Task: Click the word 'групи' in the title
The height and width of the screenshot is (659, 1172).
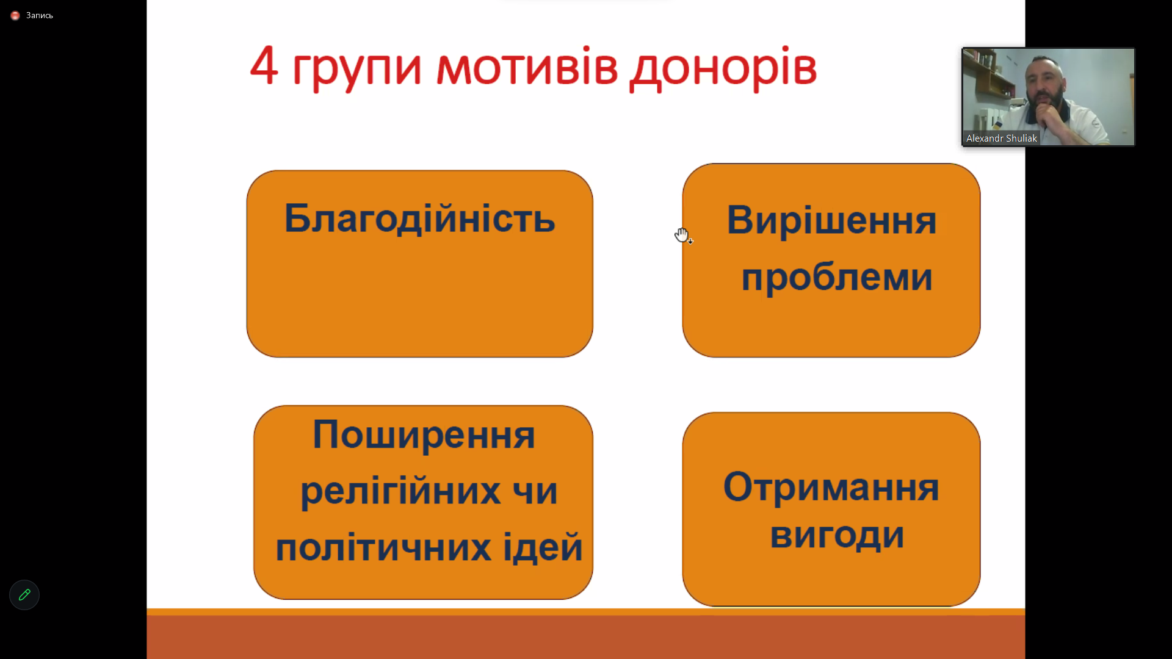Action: click(357, 70)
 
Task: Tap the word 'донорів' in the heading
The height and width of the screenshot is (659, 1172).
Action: click(723, 68)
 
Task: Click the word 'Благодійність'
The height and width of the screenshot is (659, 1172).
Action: click(420, 218)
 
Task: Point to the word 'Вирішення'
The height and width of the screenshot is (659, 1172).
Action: click(831, 220)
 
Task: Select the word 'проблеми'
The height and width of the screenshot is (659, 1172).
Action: click(837, 278)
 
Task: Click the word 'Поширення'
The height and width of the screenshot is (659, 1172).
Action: click(424, 436)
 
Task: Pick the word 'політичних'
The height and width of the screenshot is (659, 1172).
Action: click(383, 547)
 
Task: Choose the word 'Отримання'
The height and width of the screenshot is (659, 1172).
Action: click(831, 488)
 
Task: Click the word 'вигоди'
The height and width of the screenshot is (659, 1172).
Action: click(837, 536)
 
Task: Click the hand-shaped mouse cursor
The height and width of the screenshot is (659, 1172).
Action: click(683, 236)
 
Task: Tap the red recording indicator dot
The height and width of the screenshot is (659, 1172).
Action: click(15, 15)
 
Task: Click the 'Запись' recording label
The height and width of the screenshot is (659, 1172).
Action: click(40, 15)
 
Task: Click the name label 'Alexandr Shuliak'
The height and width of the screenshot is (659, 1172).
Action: click(1001, 139)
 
